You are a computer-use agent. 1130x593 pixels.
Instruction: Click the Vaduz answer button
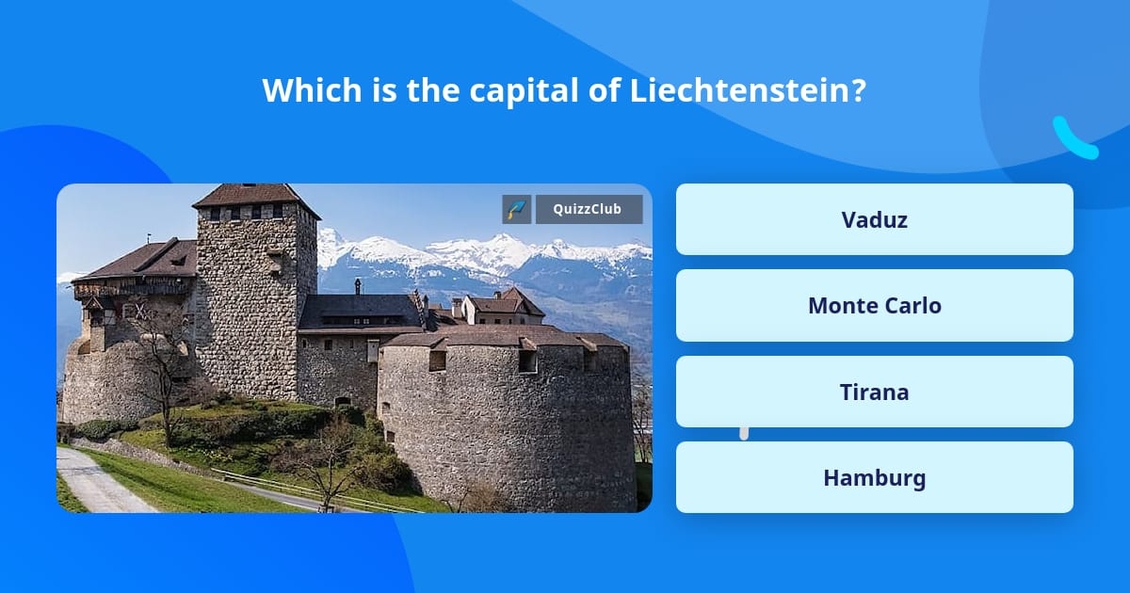[874, 219]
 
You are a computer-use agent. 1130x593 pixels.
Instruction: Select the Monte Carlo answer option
[874, 305]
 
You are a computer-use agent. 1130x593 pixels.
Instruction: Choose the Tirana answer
[874, 392]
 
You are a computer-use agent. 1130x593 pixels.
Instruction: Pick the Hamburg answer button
[874, 477]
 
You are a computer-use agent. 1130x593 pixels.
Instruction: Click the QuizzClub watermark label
[589, 209]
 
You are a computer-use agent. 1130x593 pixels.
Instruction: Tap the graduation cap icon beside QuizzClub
[517, 209]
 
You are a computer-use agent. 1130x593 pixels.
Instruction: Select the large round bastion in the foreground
[508, 424]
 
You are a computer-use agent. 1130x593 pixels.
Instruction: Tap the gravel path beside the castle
[94, 485]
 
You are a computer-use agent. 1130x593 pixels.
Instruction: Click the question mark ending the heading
[858, 90]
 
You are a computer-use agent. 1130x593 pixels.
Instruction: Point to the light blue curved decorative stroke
[1074, 138]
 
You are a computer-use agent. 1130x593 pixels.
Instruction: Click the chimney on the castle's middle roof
[358, 286]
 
